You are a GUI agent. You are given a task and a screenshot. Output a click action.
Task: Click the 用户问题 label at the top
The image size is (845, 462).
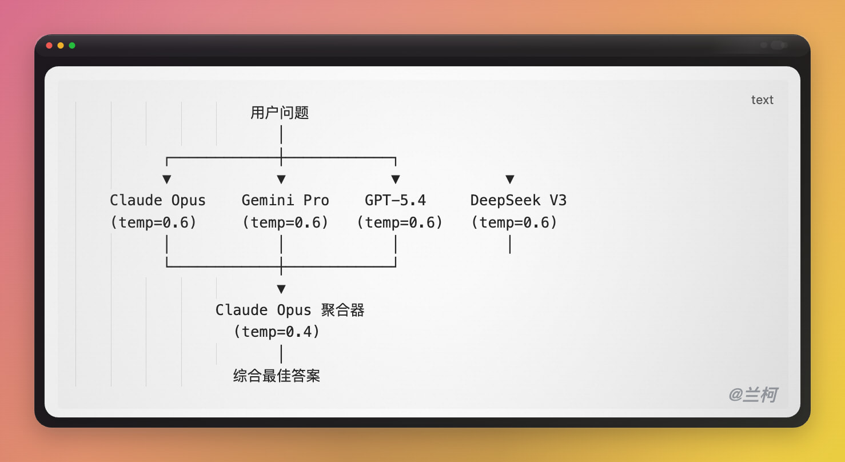pyautogui.click(x=280, y=113)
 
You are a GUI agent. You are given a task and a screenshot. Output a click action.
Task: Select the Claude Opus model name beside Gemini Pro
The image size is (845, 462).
pyautogui.click(x=158, y=200)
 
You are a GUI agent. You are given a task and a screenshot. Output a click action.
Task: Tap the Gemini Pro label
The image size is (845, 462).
pyautogui.click(x=285, y=200)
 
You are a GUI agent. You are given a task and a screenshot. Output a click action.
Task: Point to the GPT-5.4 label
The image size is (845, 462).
pyautogui.click(x=396, y=200)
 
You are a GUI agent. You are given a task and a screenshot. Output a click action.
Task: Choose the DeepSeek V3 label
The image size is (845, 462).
pyautogui.click(x=519, y=200)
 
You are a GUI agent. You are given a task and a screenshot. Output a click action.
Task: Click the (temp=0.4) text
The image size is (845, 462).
pyautogui.click(x=277, y=332)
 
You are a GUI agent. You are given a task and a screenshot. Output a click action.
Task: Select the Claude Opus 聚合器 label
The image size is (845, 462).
pyautogui.click(x=290, y=310)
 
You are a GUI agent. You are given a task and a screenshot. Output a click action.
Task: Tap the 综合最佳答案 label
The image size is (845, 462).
pyautogui.click(x=277, y=376)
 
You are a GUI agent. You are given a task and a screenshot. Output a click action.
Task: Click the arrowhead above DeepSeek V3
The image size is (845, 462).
pyautogui.click(x=510, y=180)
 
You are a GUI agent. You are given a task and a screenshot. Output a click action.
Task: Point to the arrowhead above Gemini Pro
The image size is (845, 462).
pyautogui.click(x=281, y=180)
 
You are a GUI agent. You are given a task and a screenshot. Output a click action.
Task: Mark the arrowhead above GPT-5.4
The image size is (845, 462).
pyautogui.click(x=396, y=180)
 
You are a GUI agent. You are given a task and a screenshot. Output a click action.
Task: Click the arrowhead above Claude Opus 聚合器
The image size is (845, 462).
pyautogui.click(x=281, y=289)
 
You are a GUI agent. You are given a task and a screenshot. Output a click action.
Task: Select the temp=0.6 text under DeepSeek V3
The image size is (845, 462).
pyautogui.click(x=514, y=222)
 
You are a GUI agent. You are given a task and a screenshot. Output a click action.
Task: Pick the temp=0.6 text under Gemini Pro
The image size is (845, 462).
pyautogui.click(x=285, y=222)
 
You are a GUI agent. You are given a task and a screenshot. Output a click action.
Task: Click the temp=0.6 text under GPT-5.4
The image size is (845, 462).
pyautogui.click(x=400, y=222)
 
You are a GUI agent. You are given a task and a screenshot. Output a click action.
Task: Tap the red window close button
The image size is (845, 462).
pyautogui.click(x=49, y=45)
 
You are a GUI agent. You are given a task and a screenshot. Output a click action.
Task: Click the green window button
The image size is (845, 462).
pyautogui.click(x=72, y=45)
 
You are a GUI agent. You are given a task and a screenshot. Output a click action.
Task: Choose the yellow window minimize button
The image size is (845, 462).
pyautogui.click(x=61, y=45)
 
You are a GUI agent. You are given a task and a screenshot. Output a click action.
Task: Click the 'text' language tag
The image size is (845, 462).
pyautogui.click(x=762, y=100)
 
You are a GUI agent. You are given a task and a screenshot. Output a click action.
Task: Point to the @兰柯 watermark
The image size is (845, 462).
pyautogui.click(x=753, y=395)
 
